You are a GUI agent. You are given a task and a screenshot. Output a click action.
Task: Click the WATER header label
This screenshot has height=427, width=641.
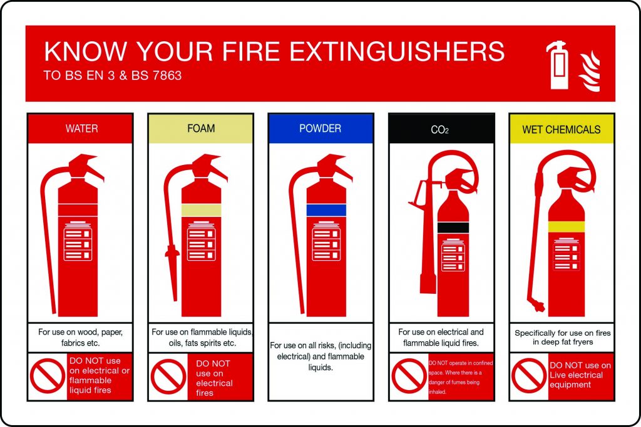[81, 129]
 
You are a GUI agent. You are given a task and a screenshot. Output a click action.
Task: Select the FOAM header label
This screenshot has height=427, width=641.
[201, 129]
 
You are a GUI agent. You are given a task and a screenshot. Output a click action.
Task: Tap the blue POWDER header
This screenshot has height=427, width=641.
[320, 129]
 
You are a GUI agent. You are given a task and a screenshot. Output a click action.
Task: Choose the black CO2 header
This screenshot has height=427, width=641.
[441, 130]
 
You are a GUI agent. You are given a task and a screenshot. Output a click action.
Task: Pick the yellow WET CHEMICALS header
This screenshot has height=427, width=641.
[562, 129]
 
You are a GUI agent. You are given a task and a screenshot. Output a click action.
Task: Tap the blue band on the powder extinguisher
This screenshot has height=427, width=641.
[326, 210]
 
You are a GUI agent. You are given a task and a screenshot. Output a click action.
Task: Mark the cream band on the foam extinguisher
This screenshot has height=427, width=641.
[201, 210]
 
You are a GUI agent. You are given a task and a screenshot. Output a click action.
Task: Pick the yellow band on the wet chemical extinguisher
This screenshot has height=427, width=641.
[566, 226]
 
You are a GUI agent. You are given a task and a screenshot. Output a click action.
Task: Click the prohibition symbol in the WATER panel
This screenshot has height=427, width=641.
[48, 376]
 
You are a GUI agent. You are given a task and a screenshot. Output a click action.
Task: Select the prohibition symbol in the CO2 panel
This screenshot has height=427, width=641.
[409, 376]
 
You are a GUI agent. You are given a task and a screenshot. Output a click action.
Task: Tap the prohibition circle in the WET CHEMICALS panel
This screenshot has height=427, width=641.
[529, 376]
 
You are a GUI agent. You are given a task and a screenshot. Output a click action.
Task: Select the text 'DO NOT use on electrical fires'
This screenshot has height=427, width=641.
[213, 378]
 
